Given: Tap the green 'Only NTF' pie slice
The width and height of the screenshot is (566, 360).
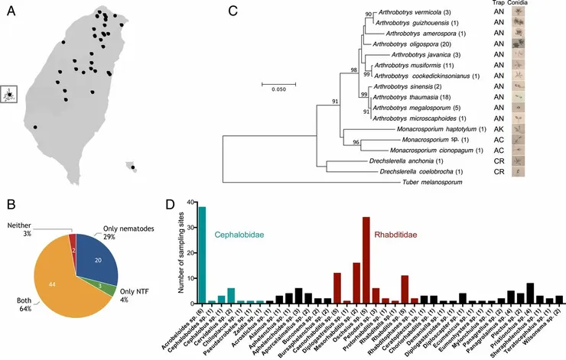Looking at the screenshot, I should (111, 287).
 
